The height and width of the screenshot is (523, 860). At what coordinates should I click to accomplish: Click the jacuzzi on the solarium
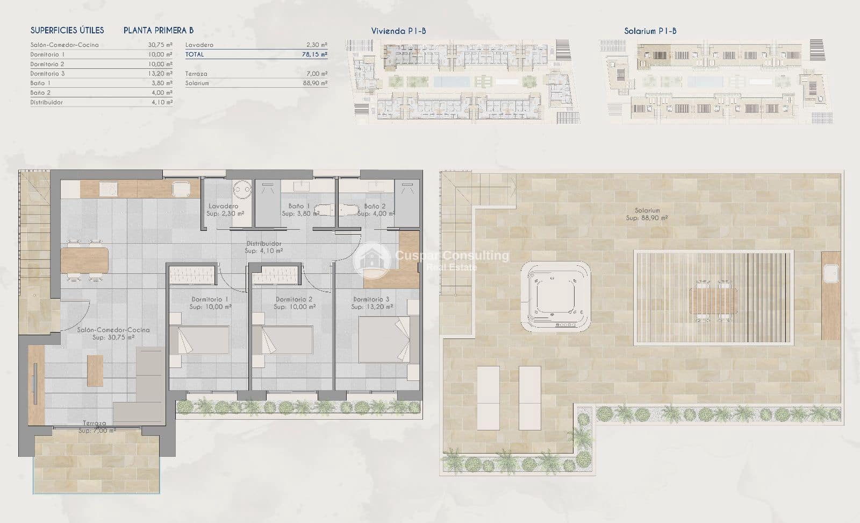[x=556, y=296]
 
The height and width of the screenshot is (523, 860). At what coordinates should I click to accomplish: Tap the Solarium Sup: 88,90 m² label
[x=647, y=214]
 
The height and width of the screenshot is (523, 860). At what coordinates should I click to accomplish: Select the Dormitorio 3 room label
[x=371, y=303]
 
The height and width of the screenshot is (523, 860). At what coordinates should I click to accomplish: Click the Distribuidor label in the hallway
[x=263, y=247]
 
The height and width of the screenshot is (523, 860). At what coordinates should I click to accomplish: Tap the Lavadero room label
[x=224, y=210]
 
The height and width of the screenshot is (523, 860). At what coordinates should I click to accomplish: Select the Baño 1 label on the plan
[x=299, y=210]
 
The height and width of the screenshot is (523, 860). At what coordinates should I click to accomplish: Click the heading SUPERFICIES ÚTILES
[x=67, y=31]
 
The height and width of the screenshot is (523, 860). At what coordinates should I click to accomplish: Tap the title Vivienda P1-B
[x=398, y=31]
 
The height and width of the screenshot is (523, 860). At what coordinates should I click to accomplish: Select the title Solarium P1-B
[x=650, y=31]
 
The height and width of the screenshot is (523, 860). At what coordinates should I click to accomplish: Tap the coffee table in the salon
[x=95, y=370]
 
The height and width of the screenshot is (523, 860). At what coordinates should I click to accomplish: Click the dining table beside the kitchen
[x=84, y=260]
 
